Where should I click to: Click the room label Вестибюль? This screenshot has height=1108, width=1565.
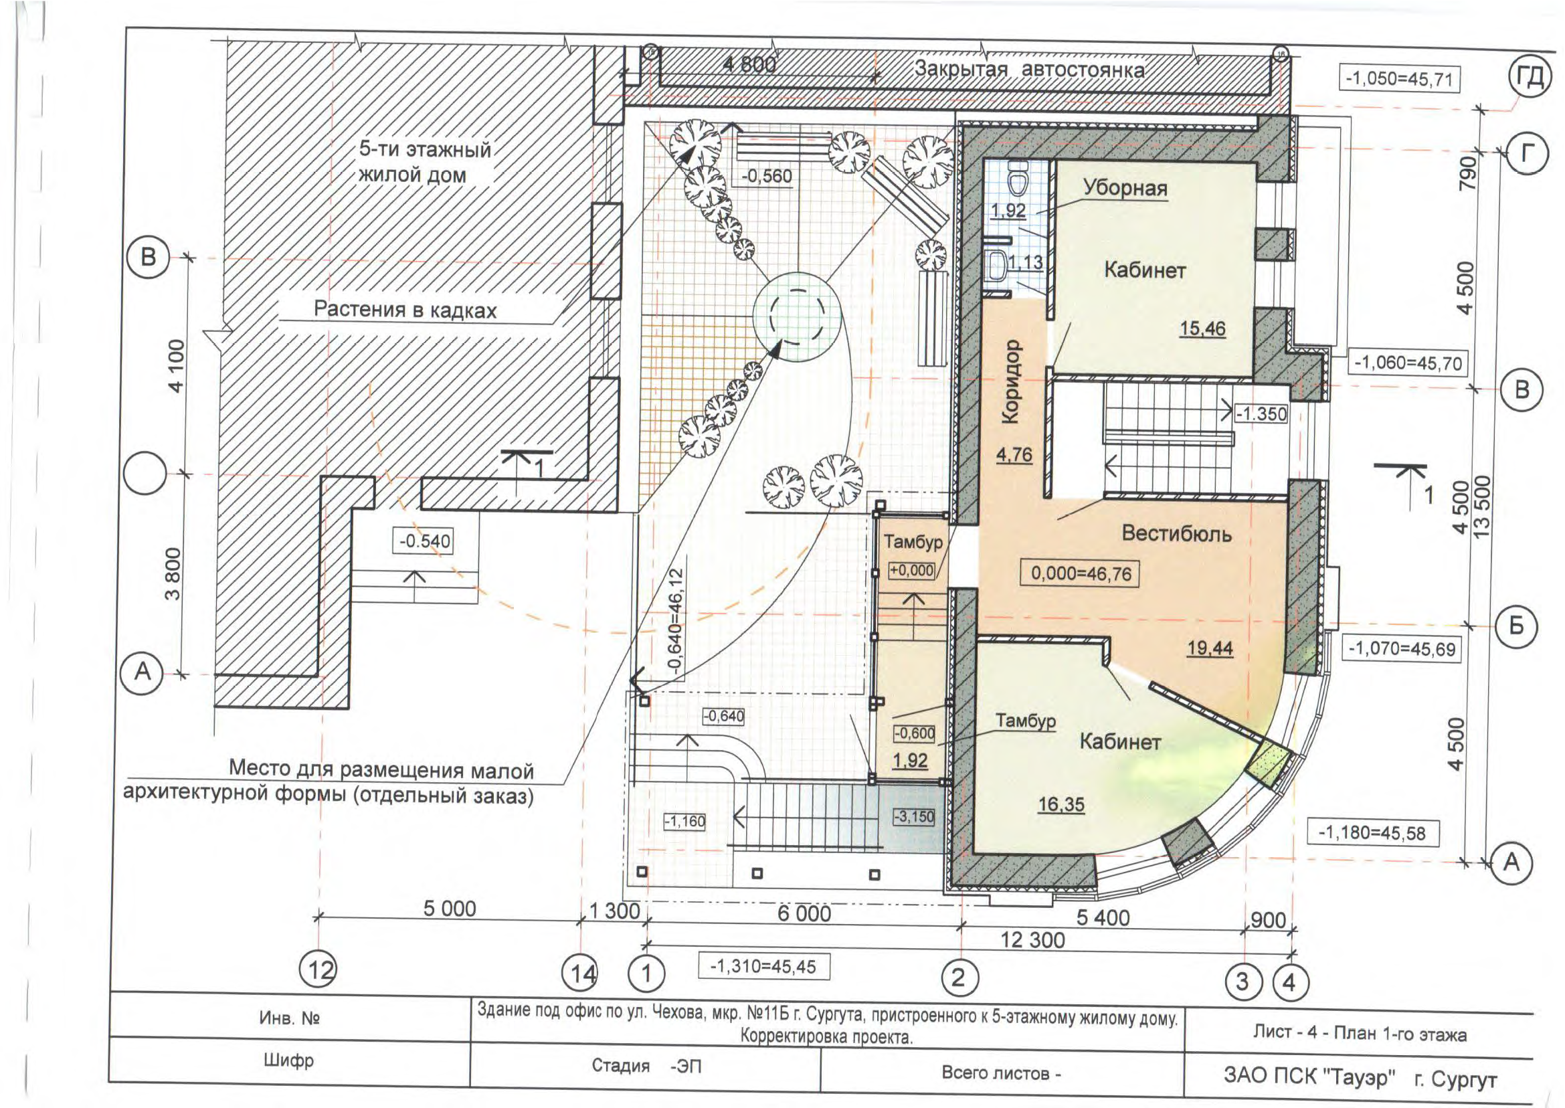1177,533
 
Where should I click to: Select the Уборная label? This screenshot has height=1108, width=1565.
1125,187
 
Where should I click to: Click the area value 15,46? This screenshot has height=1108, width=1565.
1203,329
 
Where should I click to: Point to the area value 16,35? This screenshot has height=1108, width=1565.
1061,805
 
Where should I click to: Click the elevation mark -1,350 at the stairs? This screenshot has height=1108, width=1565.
1261,413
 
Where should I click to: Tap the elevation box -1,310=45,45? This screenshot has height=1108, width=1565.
763,967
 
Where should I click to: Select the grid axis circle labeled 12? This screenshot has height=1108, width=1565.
320,970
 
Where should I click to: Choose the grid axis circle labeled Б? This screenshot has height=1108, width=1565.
1515,626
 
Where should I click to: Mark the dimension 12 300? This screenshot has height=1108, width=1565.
1032,940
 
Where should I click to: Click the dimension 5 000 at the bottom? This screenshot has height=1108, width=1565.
450,909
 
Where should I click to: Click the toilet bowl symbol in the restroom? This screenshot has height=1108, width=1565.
1018,181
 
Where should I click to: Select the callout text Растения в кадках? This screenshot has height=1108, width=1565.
405,310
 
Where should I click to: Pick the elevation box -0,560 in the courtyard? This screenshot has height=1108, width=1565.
767,176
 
